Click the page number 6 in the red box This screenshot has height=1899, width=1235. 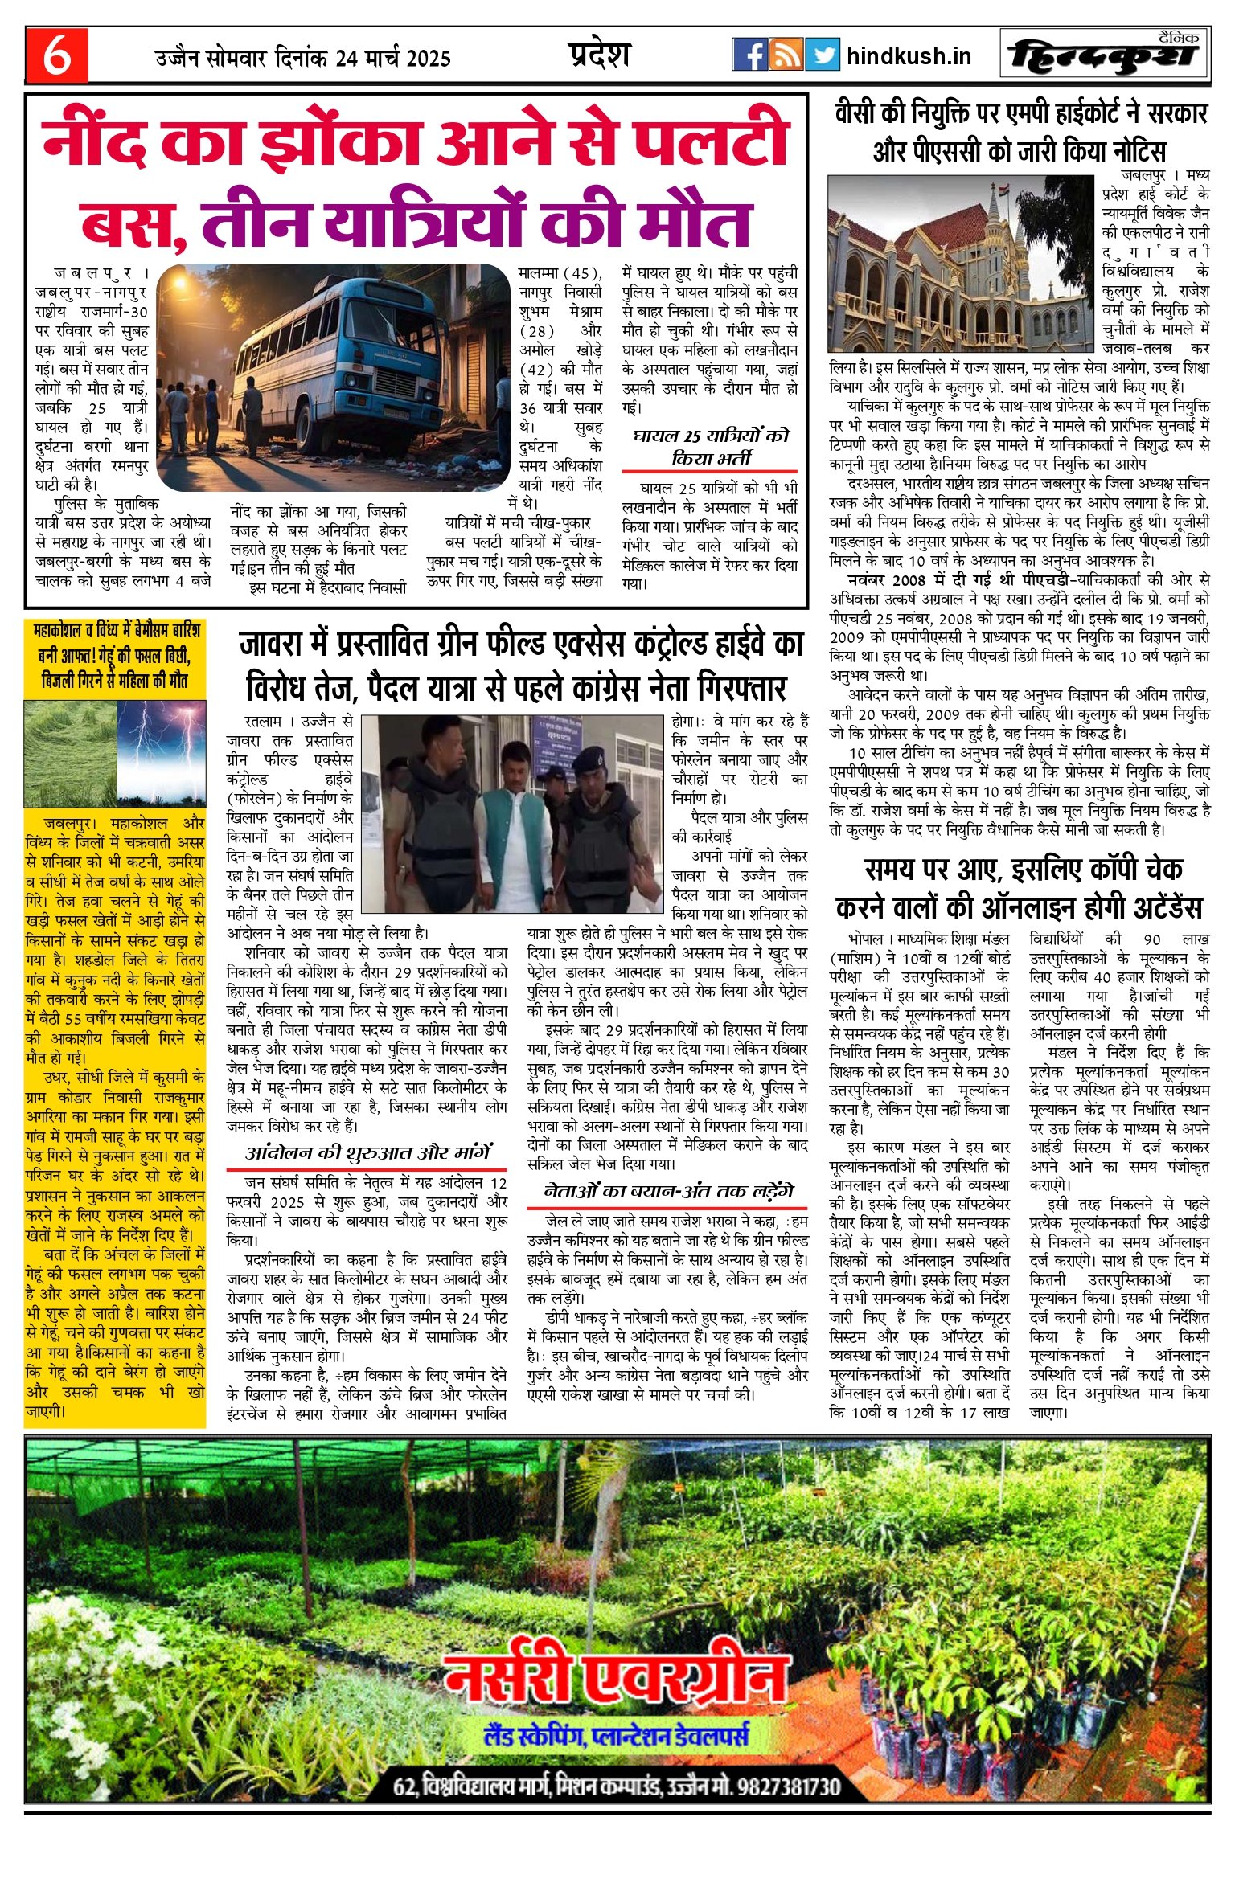click(56, 55)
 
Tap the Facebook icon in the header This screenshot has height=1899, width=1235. click(749, 55)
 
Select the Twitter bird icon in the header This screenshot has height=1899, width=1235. click(822, 55)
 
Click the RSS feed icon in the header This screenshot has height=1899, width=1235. click(786, 55)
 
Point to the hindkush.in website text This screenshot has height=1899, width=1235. click(909, 56)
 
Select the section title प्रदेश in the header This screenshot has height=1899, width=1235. click(599, 54)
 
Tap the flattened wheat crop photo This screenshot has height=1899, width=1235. click(71, 753)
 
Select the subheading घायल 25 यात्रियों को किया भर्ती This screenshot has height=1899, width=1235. click(710, 447)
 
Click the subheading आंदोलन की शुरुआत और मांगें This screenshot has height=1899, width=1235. click(368, 1152)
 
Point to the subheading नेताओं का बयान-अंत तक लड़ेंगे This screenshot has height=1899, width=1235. click(668, 1190)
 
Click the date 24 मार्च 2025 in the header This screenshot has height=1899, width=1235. click(394, 58)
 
